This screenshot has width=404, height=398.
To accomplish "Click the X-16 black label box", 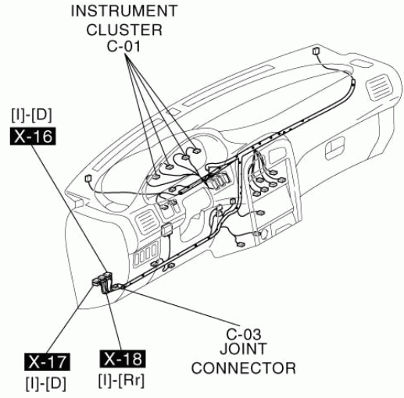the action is coord(33,137).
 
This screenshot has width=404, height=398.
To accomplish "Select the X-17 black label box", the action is coord(47,361).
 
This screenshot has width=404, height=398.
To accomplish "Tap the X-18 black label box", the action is coord(123,359).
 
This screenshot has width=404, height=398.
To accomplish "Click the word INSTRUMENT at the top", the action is coord(124,11).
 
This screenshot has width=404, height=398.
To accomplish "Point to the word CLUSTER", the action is coord(124,30).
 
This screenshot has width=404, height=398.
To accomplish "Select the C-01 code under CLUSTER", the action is coord(123,46).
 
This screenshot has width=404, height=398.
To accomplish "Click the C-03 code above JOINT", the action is coord(243,334).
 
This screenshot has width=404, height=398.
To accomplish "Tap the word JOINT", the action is coord(243,349).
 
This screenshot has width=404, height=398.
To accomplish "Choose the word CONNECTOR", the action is coord(244,368).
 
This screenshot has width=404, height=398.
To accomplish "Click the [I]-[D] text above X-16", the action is coord(31,115).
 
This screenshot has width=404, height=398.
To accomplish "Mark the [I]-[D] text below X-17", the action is coord(46,383).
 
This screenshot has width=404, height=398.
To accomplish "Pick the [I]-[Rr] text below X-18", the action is coord(121,381).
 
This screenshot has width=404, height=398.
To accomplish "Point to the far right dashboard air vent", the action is coord(379,87).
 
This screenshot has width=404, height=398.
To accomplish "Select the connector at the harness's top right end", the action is coord(316,51).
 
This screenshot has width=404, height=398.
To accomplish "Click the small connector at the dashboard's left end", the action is coord(88,178).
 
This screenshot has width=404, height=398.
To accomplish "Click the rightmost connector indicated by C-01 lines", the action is coord(196,151).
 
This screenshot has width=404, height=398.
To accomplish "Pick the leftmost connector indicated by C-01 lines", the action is coord(156,176).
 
